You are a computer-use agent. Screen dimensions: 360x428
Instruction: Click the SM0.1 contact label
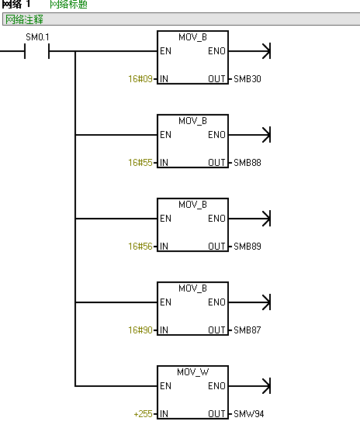coord(37,37)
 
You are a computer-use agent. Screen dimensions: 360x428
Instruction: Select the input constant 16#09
coord(140,79)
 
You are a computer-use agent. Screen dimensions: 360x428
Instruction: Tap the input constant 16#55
coord(140,163)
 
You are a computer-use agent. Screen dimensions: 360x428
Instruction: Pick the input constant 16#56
coord(140,247)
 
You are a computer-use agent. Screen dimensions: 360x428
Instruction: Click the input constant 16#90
coord(140,330)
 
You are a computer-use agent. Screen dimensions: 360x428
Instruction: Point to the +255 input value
coord(143,414)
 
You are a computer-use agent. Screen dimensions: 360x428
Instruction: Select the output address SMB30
coord(247,79)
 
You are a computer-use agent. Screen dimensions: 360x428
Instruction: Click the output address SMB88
coord(247,163)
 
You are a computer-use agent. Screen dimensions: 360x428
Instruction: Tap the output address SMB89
coord(247,247)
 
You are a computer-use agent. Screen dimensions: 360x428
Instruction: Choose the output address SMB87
coord(247,330)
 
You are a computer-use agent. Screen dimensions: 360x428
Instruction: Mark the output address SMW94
coord(249,414)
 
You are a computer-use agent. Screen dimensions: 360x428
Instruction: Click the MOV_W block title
coord(193,372)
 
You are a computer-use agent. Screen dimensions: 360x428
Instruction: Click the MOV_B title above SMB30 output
coord(193,37)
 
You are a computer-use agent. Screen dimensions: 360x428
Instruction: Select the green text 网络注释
coord(24,19)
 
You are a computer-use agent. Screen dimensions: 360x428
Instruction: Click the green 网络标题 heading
coord(68,5)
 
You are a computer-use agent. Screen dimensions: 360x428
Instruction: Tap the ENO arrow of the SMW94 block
coord(250,386)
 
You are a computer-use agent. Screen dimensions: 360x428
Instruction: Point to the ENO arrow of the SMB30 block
coord(250,51)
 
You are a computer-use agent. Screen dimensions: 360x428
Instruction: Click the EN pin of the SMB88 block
coord(165,135)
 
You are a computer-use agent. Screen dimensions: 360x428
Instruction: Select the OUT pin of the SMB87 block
coord(216,330)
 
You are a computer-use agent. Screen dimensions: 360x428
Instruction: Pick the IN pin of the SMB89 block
coord(164,247)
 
